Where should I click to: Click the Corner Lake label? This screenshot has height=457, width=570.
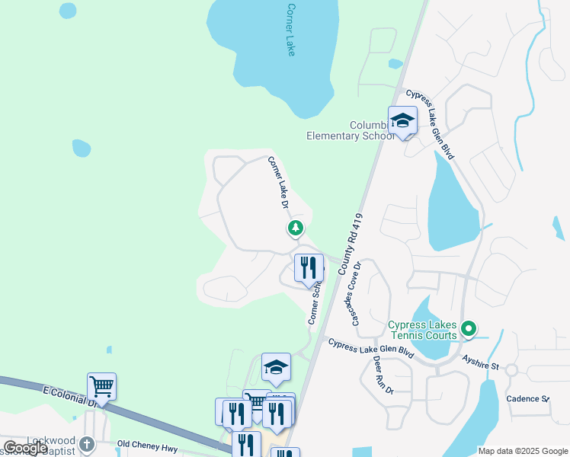click(290, 29)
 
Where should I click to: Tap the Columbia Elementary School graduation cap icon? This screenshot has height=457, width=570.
click(402, 120)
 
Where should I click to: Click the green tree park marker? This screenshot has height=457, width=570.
click(295, 228)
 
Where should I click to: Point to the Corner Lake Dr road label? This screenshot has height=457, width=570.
click(277, 183)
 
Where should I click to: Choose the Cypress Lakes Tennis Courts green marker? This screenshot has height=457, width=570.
click(469, 329)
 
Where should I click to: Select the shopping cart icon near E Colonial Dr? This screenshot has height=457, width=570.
click(101, 385)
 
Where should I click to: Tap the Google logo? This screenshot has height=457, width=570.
click(25, 448)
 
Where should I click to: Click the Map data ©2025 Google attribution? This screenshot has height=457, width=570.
click(523, 451)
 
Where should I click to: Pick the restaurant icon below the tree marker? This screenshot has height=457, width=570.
click(308, 268)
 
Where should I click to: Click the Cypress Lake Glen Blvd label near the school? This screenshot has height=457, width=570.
click(431, 124)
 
